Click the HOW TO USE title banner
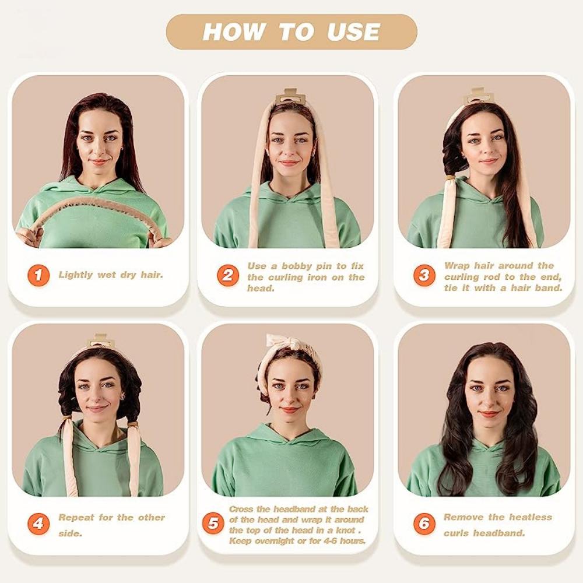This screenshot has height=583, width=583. [x=291, y=31]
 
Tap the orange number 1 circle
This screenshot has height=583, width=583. [x=38, y=275]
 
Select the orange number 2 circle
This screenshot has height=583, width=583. [x=228, y=275]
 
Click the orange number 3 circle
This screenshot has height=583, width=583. [x=424, y=275]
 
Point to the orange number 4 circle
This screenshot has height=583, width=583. [x=38, y=524]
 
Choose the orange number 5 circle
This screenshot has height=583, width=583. [x=213, y=524]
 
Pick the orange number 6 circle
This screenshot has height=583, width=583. [x=424, y=524]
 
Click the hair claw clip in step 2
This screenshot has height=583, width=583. [x=291, y=96]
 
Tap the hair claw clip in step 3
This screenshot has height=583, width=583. [x=478, y=96]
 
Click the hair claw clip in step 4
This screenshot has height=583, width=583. [x=100, y=340]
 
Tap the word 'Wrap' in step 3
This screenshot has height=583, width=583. [x=456, y=266]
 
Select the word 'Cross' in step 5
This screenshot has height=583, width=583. [x=241, y=509]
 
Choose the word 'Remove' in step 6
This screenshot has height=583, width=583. [x=464, y=517]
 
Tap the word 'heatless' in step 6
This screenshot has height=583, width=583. [x=530, y=517]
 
